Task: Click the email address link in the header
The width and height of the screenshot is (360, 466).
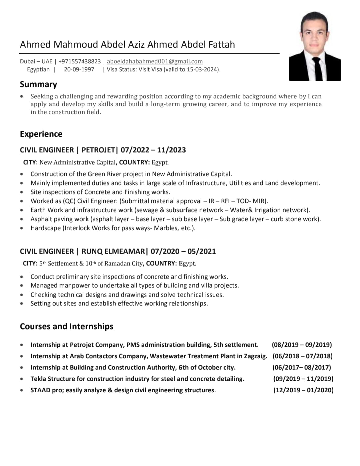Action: [155, 61]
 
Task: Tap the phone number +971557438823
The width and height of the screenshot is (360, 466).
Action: [79, 61]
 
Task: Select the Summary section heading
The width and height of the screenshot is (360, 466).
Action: [38, 84]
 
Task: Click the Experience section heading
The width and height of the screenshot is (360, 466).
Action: [41, 134]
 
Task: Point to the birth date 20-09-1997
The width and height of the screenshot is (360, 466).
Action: [79, 69]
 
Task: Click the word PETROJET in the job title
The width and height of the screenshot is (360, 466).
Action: [98, 150]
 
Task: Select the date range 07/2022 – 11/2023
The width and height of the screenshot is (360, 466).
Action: [153, 150]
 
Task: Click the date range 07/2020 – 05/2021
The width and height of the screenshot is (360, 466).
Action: [183, 251]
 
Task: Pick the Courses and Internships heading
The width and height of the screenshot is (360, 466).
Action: [67, 326]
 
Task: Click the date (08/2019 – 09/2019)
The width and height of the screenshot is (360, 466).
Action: [302, 345]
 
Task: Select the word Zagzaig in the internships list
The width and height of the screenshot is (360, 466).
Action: [255, 356]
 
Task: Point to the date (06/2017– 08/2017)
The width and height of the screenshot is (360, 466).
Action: [301, 367]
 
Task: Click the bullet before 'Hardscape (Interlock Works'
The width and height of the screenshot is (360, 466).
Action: [22, 228]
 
